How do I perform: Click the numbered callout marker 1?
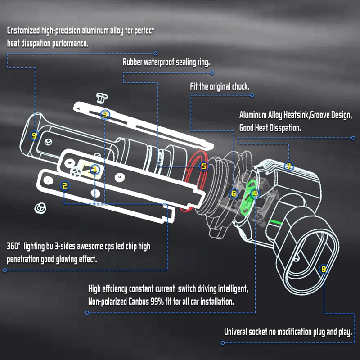95,170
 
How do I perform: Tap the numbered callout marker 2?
65,185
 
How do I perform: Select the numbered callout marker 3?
105,114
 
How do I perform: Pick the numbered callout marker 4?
255,193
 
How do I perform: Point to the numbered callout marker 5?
204,166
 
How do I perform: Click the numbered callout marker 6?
234,193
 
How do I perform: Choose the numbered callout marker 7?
289,166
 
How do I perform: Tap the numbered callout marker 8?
324,269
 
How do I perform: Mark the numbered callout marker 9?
35,136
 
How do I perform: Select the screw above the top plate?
101,98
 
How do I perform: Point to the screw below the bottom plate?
40,208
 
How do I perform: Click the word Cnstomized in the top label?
23,31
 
